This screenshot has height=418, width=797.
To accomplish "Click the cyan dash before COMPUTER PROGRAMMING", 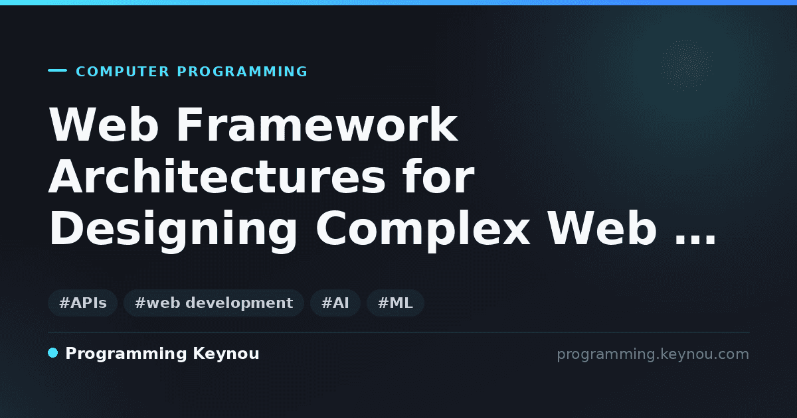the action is pyautogui.click(x=57, y=70).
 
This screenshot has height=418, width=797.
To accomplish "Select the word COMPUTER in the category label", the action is pyautogui.click(x=122, y=72).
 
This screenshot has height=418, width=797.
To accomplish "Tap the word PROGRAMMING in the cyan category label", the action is pyautogui.click(x=242, y=72).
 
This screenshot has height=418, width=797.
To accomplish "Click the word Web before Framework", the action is pyautogui.click(x=104, y=125).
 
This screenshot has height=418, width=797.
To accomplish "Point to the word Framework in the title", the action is pyautogui.click(x=317, y=125).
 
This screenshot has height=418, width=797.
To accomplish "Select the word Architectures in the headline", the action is pyautogui.click(x=217, y=176).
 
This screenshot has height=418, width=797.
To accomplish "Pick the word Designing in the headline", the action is pyautogui.click(x=173, y=230).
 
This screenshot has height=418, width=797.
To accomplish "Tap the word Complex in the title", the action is pyautogui.click(x=422, y=230).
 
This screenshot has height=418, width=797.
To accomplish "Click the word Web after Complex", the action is pyautogui.click(x=602, y=228).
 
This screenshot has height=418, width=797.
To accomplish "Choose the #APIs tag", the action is pyautogui.click(x=83, y=303).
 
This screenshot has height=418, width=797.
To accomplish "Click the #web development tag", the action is pyautogui.click(x=214, y=303).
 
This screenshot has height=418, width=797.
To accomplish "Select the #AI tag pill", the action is pyautogui.click(x=335, y=303).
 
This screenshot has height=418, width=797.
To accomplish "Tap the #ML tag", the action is pyautogui.click(x=395, y=303).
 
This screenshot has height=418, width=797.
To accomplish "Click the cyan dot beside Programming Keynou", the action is pyautogui.click(x=53, y=353).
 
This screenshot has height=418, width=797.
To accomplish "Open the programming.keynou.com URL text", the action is pyautogui.click(x=653, y=354).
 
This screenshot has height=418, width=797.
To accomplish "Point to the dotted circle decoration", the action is pyautogui.click(x=687, y=65).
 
